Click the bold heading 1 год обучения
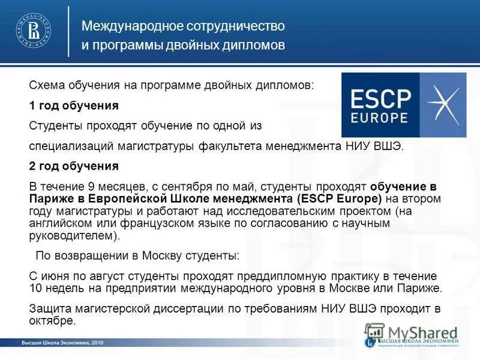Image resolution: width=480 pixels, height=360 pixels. point(74,106)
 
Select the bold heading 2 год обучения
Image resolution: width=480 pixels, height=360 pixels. point(74,166)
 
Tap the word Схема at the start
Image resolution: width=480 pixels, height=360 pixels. point(47,86)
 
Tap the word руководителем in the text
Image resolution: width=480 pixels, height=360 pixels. point(70,235)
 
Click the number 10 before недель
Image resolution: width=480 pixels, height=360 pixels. point(35,288)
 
